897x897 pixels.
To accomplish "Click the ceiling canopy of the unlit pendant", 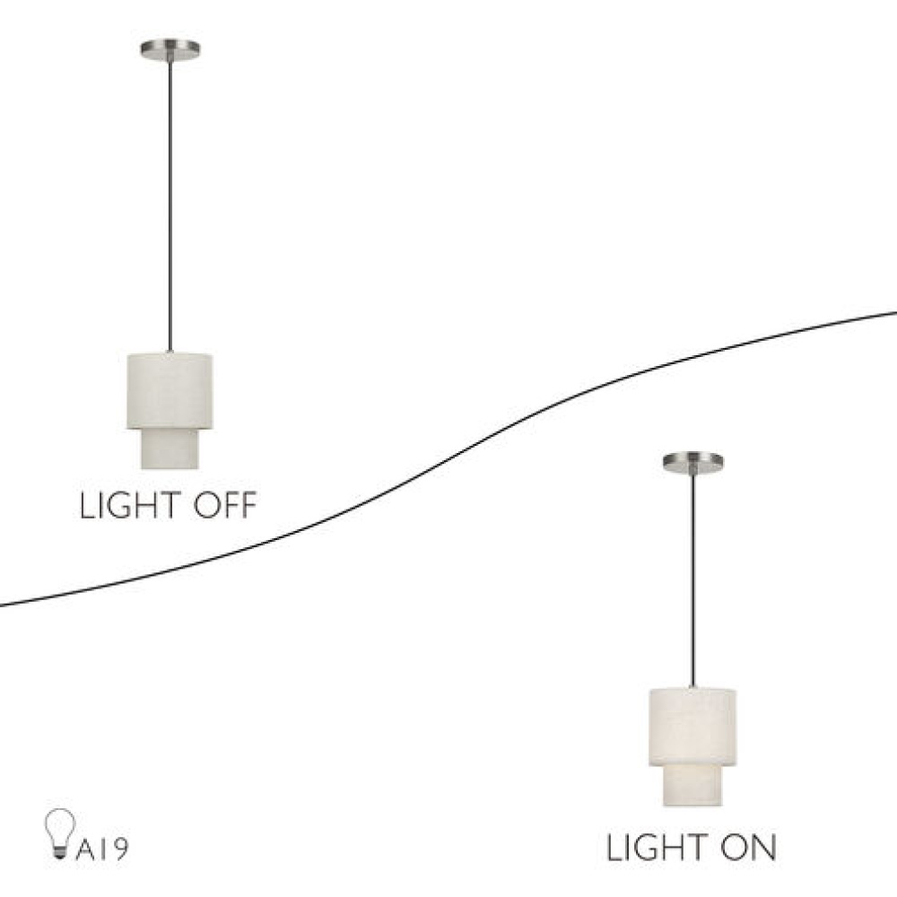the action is (170, 49).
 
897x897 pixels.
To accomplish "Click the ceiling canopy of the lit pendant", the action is (692, 462).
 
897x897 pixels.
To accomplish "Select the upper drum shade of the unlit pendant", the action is (170, 391).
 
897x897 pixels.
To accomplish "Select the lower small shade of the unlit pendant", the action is (170, 449).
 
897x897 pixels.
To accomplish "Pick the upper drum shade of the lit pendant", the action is (692, 727).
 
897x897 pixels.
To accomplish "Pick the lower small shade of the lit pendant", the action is (692, 786).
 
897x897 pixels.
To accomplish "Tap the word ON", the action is (748, 848).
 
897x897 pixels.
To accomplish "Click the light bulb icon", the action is (60, 833).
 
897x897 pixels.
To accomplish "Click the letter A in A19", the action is (86, 850).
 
